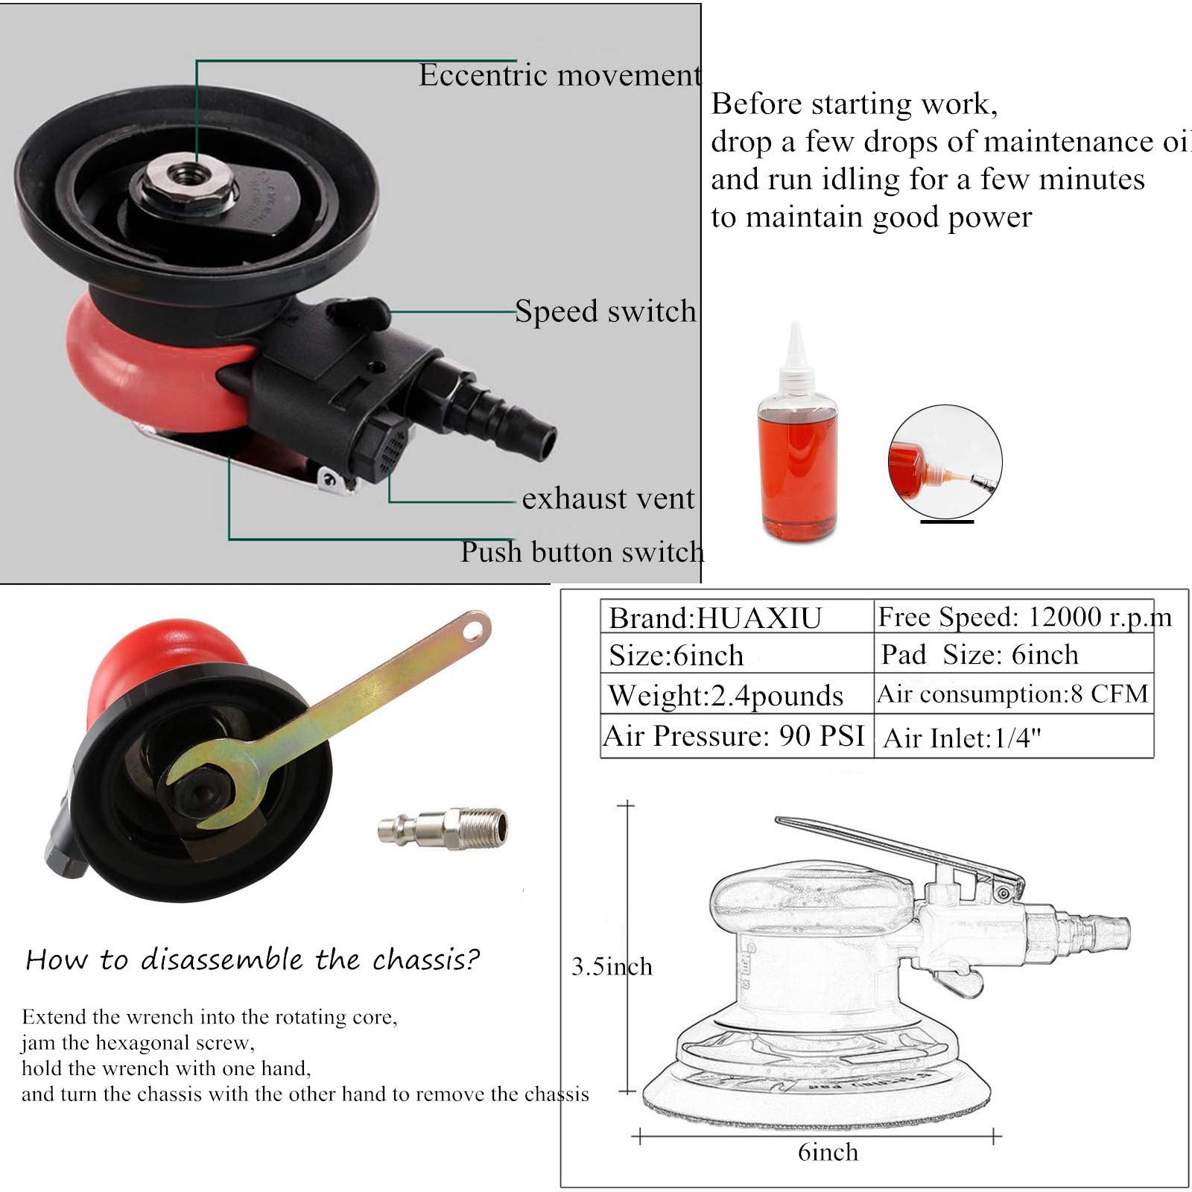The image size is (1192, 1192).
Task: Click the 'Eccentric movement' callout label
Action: click(x=559, y=74)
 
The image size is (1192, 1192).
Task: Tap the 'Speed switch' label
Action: click(x=606, y=311)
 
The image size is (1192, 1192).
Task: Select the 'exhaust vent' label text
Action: click(x=608, y=498)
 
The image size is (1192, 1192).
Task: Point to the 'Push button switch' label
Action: click(x=582, y=552)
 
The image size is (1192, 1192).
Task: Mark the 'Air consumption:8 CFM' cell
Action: click(x=1014, y=694)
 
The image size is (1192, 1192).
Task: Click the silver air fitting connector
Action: click(x=443, y=827)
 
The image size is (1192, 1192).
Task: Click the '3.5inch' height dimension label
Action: click(x=612, y=967)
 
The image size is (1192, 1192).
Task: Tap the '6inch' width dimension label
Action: click(x=828, y=1153)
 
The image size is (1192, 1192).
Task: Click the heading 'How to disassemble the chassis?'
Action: click(x=253, y=960)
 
